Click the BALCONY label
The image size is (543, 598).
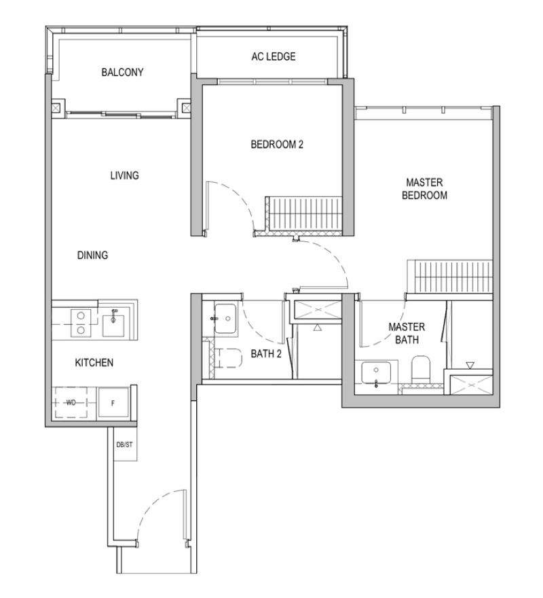(122, 73)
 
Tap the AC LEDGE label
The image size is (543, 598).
(273, 57)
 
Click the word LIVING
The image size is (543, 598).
(124, 175)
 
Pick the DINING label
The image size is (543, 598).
(93, 256)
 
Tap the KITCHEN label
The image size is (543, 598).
(94, 363)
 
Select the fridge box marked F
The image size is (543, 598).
(113, 402)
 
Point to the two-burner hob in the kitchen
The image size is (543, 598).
(79, 321)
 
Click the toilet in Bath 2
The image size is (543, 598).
(227, 358)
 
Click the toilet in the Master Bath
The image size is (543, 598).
(421, 370)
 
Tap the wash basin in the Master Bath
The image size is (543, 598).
(375, 375)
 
